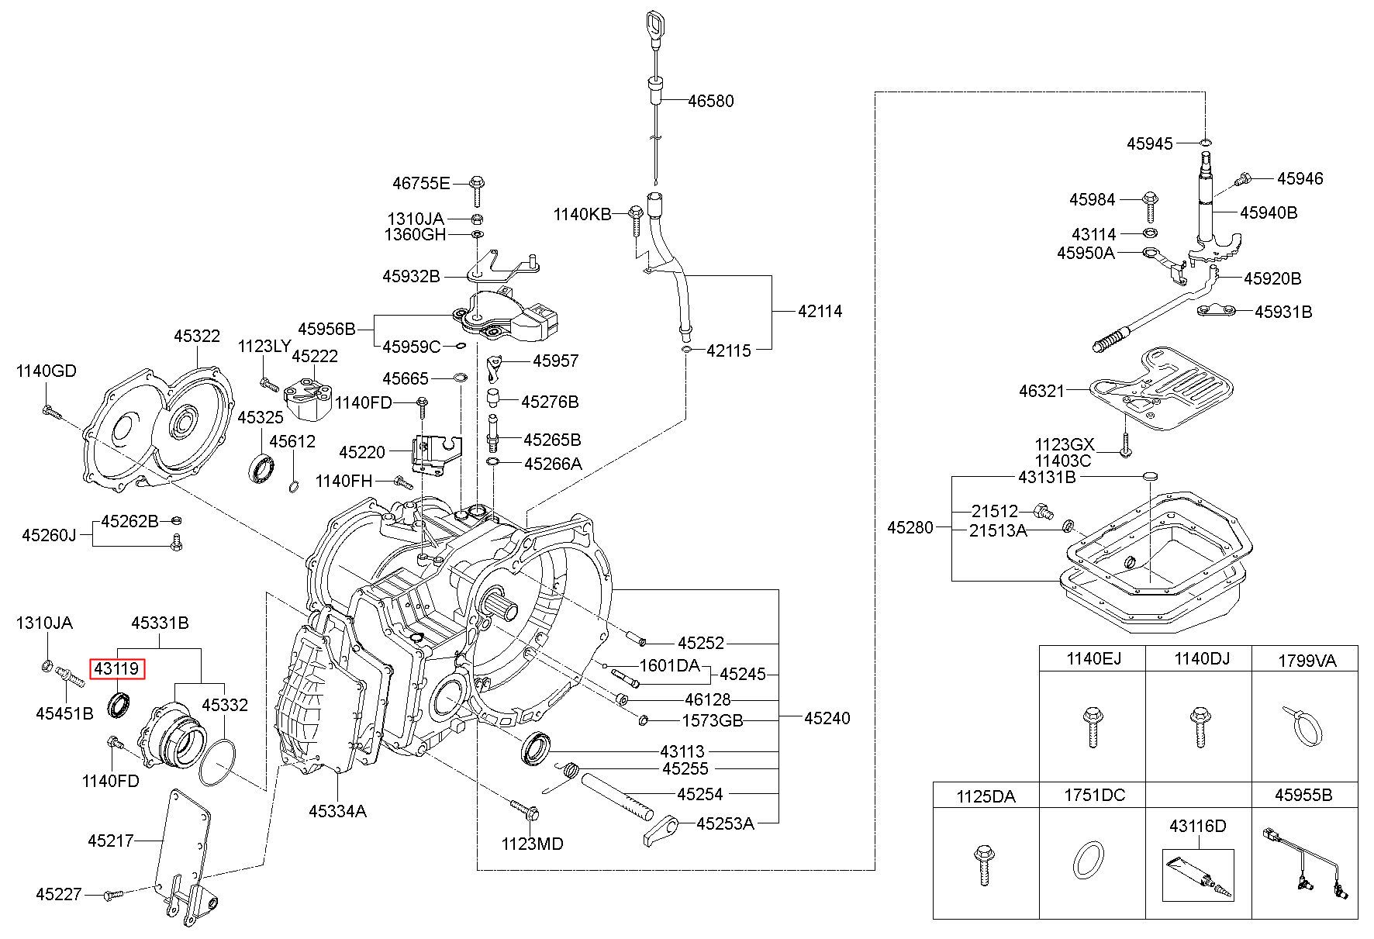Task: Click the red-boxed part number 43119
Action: [117, 668]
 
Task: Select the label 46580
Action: [710, 101]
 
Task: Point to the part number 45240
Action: [827, 718]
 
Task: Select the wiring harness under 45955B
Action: [1306, 865]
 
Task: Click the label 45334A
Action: [338, 811]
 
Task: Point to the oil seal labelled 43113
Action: [536, 748]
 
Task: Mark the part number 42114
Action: [820, 311]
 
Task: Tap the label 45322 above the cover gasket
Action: [197, 336]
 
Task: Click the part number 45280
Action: [910, 527]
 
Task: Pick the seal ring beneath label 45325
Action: [261, 470]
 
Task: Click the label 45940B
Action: [1269, 212]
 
